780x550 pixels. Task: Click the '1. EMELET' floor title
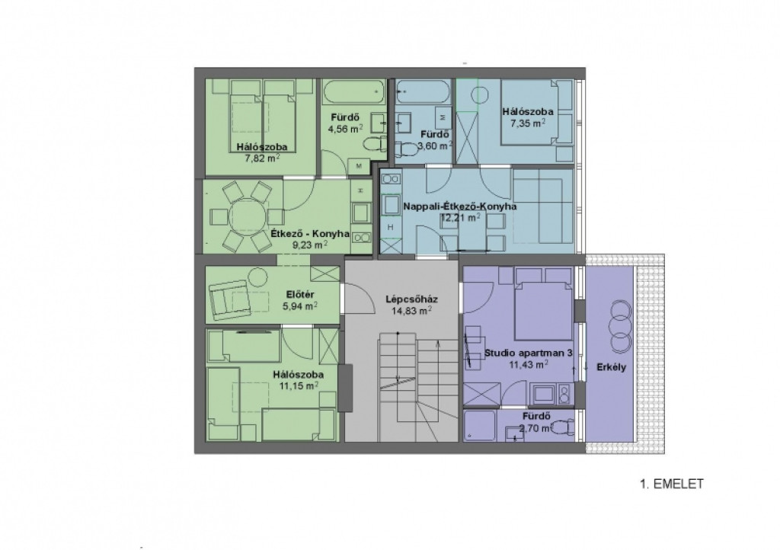pos(672,484)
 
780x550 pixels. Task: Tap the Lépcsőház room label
pos(411,299)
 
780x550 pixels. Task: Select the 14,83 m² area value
pos(411,312)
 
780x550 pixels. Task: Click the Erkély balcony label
pos(612,368)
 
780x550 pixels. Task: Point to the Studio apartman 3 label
pos(529,353)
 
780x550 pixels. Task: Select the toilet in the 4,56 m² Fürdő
pos(374,145)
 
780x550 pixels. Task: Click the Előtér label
pos(300,294)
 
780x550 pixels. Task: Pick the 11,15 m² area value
pos(299,386)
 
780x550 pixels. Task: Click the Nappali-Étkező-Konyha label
pos(459,206)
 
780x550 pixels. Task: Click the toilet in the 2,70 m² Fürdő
pos(563,427)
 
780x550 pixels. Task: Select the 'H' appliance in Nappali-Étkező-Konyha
pos(391,227)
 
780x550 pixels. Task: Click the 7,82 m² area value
pos(262,158)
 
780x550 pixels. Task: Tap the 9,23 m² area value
pos(311,245)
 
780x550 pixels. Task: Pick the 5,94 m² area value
pos(300,306)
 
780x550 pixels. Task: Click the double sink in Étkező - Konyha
pos(361,238)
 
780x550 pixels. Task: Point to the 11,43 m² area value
pos(529,365)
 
